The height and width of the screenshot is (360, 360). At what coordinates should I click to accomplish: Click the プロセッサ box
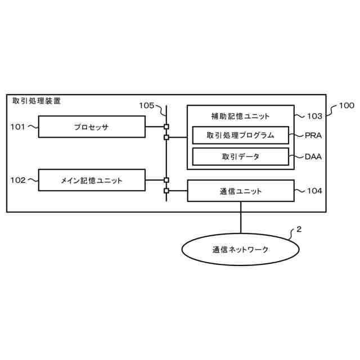coord(92,127)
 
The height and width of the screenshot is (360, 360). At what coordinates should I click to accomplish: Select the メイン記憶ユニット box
coord(92,180)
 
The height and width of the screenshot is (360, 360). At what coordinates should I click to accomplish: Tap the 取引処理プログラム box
coord(240,135)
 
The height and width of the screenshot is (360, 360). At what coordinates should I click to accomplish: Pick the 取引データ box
coord(240,156)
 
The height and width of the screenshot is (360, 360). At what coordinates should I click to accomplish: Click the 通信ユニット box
coord(240,191)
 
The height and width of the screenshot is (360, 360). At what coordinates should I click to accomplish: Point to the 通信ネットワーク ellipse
coord(240,249)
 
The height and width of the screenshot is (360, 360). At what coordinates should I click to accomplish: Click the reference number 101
coord(18,127)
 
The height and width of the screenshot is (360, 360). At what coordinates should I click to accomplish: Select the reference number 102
coord(18,180)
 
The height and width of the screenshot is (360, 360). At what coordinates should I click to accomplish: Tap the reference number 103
coord(314,116)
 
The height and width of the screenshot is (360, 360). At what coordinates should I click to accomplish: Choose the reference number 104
coord(314,191)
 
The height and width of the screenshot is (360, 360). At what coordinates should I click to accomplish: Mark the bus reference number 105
coord(146,105)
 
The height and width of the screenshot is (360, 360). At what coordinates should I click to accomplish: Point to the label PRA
coord(313,136)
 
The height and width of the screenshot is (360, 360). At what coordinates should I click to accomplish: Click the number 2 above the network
coord(299,229)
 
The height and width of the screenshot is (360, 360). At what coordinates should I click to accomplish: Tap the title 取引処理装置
coord(37,101)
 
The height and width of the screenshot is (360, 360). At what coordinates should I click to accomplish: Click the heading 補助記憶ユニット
coord(240,116)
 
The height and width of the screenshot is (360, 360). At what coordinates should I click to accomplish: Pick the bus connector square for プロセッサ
coord(166,127)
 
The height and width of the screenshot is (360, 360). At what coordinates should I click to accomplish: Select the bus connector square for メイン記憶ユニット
coord(166,180)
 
